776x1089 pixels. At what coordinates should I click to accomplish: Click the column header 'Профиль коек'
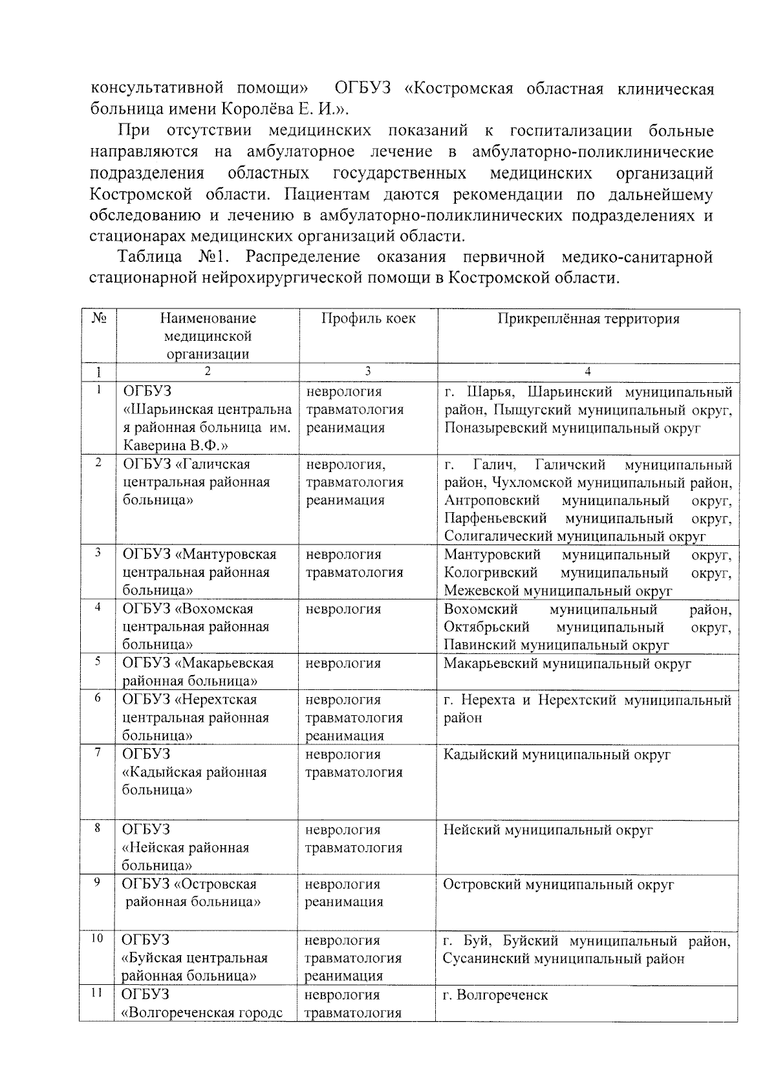(369, 318)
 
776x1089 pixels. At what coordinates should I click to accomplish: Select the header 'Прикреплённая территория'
(588, 318)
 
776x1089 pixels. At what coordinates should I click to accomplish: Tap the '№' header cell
(99, 318)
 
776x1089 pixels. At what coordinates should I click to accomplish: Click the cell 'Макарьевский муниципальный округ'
(567, 663)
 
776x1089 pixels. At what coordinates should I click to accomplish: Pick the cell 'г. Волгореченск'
(495, 995)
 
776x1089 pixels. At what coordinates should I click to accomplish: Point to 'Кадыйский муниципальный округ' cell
(557, 754)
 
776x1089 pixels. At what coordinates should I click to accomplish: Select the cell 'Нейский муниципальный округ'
(548, 830)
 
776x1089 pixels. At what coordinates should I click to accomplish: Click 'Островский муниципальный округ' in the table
(558, 884)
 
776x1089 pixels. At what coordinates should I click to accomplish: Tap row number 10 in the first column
(97, 938)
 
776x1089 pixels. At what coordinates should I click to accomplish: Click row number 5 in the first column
(98, 661)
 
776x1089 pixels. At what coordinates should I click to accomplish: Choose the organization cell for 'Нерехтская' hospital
(196, 717)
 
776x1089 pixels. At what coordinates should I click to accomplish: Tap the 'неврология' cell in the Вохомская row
(343, 609)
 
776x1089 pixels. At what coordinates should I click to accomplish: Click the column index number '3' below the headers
(367, 371)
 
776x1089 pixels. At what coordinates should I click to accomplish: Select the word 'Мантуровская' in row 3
(230, 554)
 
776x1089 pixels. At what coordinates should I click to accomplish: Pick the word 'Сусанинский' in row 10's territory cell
(485, 958)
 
